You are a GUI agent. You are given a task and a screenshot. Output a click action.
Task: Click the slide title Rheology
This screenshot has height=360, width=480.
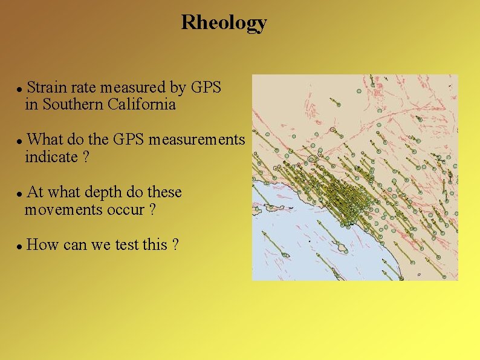tap(224, 23)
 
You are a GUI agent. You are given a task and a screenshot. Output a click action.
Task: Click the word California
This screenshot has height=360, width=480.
tap(142, 105)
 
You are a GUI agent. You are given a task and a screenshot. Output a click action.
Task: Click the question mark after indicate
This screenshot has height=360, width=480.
tap(86, 157)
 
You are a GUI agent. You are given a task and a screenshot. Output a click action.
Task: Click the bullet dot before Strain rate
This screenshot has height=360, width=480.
tap(20, 89)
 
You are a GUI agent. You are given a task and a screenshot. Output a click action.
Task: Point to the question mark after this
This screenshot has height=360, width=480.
tap(175, 245)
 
